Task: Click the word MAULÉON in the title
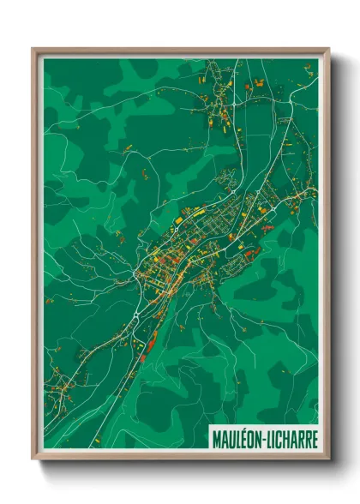pos(237,437)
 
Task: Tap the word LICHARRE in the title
pos(291,437)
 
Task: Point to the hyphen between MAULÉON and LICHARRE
pos(265,438)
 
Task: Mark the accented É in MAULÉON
pos(244,437)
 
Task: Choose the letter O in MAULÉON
pos(251,437)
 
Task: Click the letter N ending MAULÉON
pos(259,437)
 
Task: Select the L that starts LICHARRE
pos(269,437)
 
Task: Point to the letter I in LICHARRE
pos(274,437)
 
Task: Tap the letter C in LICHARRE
pos(279,437)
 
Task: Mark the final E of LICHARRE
pos(314,437)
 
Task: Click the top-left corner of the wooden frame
pos(33,48)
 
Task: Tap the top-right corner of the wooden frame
pos(329,48)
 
